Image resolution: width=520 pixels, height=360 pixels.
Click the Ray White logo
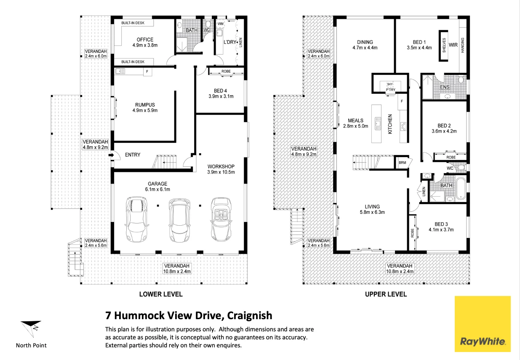483,324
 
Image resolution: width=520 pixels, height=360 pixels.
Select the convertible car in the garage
221,219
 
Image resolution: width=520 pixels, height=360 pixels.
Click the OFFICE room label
145,40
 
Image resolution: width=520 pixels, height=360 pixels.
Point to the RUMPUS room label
145,105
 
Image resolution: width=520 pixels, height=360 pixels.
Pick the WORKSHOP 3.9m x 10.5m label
221,169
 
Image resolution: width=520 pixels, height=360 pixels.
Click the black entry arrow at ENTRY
111,155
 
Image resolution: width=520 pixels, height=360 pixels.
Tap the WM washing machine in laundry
220,24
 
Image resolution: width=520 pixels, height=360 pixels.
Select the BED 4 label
220,91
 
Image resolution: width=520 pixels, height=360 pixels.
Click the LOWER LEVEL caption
161,294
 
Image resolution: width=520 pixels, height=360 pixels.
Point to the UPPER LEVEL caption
386,294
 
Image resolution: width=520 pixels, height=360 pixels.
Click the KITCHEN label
390,124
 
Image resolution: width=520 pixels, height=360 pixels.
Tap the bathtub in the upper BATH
461,189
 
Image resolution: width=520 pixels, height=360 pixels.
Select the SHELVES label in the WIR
444,45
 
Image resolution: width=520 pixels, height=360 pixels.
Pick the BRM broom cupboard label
403,163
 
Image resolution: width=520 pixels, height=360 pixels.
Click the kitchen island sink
378,123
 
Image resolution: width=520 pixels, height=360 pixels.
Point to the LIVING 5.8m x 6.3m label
372,209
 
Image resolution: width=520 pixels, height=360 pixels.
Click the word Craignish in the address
250,316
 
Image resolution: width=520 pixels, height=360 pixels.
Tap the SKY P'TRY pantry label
390,87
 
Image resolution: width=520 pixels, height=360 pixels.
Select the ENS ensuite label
445,87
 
